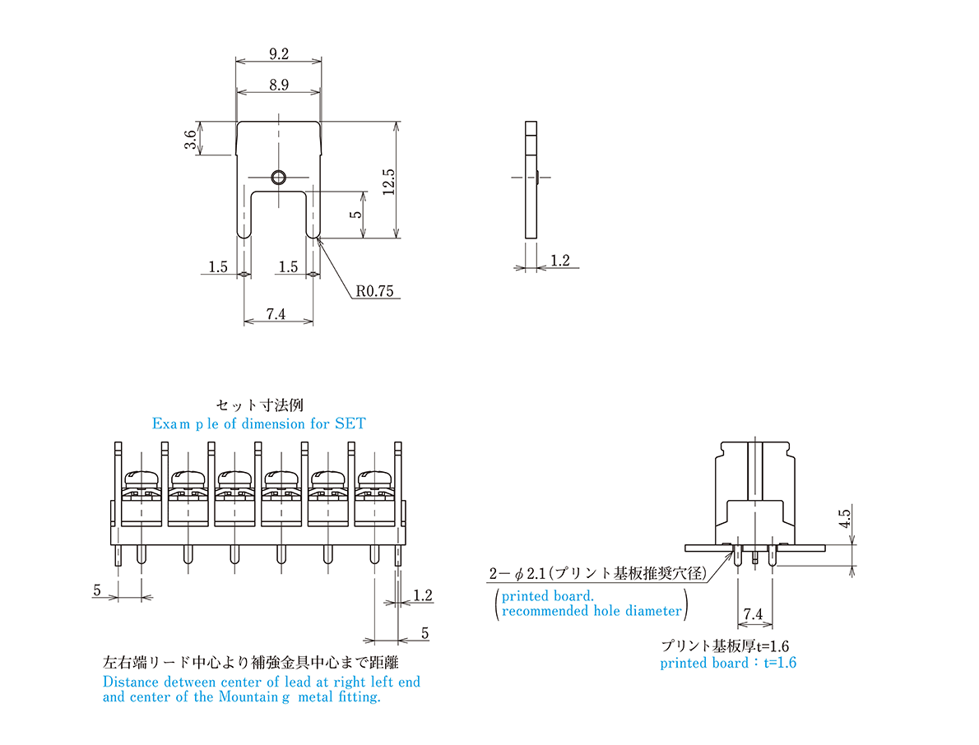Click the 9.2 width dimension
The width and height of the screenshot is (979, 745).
click(x=278, y=54)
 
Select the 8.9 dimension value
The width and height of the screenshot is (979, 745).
click(x=278, y=85)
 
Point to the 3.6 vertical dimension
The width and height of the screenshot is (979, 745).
click(x=191, y=139)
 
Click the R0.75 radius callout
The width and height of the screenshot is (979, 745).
click(x=375, y=291)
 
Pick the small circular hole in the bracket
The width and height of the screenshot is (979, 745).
click(x=278, y=177)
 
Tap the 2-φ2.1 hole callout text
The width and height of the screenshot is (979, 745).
click(x=597, y=573)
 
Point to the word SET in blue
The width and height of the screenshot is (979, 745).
click(x=350, y=424)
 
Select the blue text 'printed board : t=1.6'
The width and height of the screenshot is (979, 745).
click(x=728, y=663)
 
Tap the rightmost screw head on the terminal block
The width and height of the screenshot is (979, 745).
click(x=377, y=479)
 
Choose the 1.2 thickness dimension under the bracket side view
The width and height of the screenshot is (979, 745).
click(x=559, y=261)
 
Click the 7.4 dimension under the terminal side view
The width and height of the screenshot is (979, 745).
click(x=753, y=614)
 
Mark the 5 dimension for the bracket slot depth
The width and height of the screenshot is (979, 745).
click(x=355, y=215)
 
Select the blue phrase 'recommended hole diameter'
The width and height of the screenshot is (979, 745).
click(x=592, y=611)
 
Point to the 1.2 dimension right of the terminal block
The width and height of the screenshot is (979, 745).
click(x=423, y=595)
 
